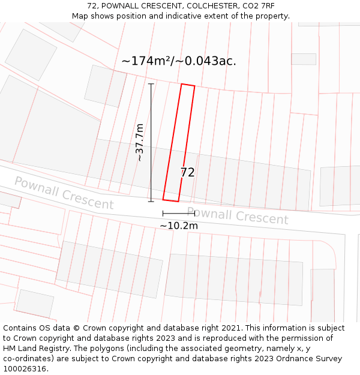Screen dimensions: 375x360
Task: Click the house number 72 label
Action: click(x=187, y=173)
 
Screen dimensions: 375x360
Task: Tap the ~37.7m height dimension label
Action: click(x=140, y=142)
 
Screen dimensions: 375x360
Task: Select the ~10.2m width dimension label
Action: click(x=178, y=226)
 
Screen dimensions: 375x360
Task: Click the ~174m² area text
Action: click(x=146, y=61)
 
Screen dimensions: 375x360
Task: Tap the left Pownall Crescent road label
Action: click(x=64, y=193)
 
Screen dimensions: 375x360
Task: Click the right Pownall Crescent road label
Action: click(x=238, y=215)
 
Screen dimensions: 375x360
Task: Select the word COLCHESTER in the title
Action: click(x=206, y=6)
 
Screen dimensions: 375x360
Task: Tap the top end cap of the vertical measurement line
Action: click(x=151, y=84)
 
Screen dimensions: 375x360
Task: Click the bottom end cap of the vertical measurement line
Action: click(x=151, y=201)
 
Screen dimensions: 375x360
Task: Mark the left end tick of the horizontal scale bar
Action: click(x=163, y=213)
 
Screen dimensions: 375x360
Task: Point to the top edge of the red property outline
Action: click(x=188, y=85)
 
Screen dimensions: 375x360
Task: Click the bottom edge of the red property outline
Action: click(x=171, y=200)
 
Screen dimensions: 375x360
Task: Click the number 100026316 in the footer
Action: click(x=24, y=369)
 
